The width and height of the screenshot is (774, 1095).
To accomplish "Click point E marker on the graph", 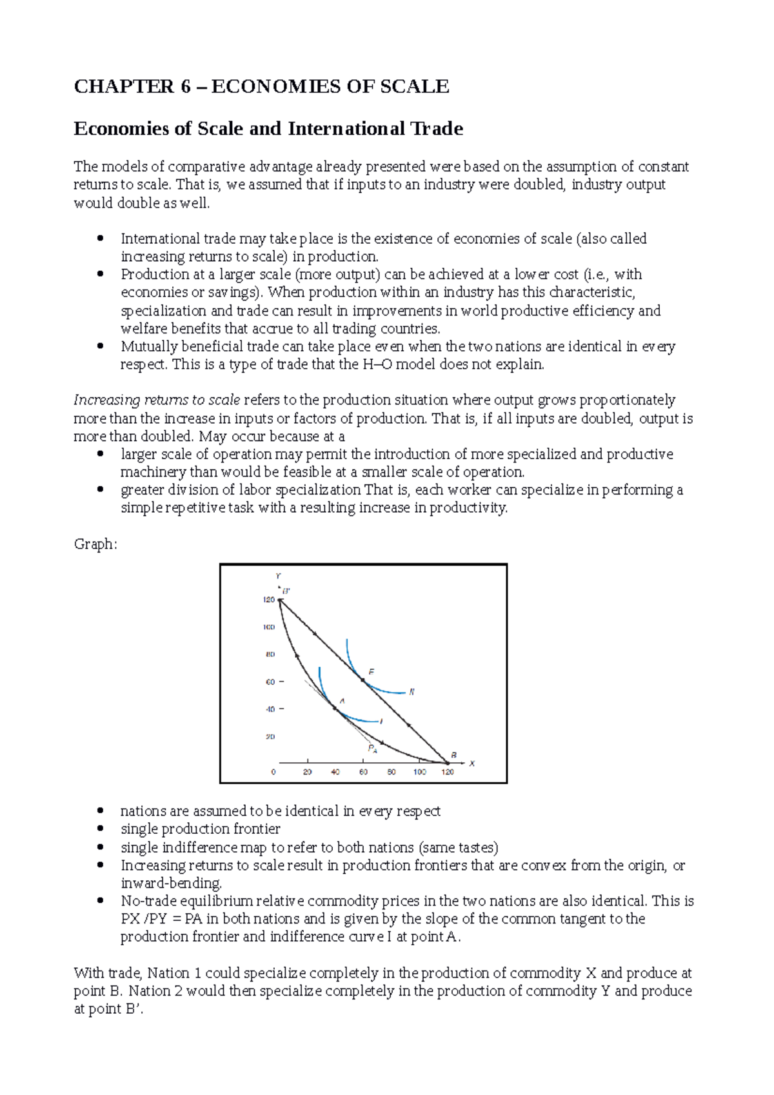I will (362, 680).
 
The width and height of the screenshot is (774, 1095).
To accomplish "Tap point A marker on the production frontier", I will (335, 708).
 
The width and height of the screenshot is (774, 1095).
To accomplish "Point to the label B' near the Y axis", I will (286, 590).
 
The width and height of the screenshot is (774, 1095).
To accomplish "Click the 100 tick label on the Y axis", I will (268, 627).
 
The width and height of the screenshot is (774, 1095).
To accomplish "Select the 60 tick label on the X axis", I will (363, 772).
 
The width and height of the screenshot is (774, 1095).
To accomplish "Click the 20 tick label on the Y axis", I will (270, 736).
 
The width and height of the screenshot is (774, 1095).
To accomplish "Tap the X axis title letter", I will (472, 764).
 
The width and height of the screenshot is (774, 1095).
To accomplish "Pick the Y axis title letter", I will (278, 576).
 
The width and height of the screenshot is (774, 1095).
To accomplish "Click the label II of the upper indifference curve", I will (412, 691).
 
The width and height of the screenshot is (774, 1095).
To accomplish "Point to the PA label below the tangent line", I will (372, 749).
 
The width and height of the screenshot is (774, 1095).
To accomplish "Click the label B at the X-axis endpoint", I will (454, 755).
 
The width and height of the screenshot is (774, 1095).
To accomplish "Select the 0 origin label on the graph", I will (273, 772).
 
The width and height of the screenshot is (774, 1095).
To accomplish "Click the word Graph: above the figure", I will (95, 544).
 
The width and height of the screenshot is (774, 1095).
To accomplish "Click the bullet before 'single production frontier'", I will (100, 829).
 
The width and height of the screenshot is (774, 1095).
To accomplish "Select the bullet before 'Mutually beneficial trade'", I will (100, 346).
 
